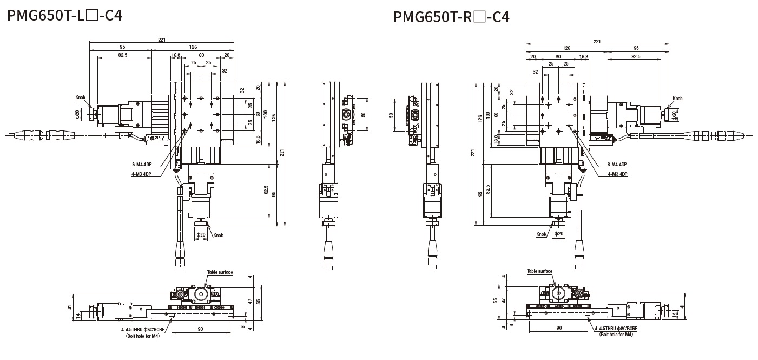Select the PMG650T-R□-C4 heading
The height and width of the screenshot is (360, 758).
451,17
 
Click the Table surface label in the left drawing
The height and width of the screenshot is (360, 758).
220,272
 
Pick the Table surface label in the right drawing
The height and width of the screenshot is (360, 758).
539,271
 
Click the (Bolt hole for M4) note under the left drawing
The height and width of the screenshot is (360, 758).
140,336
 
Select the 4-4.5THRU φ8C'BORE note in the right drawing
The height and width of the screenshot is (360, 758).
616,329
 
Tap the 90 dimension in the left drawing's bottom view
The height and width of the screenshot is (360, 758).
200,329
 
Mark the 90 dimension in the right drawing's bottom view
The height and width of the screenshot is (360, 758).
558,328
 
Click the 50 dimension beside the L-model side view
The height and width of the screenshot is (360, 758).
364,114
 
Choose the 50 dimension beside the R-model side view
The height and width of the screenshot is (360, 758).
391,115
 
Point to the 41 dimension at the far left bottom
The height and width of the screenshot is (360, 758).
70,307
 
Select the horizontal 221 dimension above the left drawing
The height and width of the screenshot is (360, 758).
162,39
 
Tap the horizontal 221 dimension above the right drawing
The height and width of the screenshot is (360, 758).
597,41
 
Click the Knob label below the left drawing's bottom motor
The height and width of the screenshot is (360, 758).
218,235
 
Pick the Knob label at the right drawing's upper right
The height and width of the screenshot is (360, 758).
677,99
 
